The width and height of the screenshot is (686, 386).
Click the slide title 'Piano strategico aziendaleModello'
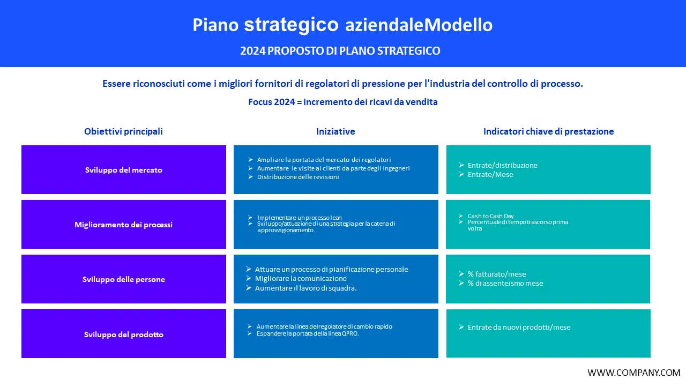(x=342, y=25)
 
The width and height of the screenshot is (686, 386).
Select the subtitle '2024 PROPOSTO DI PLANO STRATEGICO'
(x=340, y=51)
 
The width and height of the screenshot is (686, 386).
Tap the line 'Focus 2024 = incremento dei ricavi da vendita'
(x=342, y=102)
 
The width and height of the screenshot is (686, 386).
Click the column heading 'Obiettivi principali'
(x=123, y=131)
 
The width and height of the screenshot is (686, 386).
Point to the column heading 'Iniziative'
(x=335, y=131)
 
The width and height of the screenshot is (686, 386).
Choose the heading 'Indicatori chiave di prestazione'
(x=548, y=131)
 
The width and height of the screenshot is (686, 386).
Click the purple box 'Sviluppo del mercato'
(x=123, y=170)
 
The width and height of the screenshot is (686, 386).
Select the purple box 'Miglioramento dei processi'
(x=123, y=225)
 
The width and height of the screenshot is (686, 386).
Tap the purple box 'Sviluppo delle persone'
(x=123, y=279)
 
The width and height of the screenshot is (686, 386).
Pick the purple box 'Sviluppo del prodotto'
(x=123, y=335)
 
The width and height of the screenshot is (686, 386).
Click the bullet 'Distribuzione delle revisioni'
(x=298, y=177)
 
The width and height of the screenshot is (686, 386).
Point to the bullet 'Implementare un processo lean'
(x=299, y=218)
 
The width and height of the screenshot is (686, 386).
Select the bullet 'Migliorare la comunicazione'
(x=301, y=279)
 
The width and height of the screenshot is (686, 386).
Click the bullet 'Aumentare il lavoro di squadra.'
(x=305, y=288)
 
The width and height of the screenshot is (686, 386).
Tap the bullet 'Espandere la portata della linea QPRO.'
(x=308, y=333)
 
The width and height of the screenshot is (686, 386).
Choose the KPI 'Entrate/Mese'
(x=490, y=174)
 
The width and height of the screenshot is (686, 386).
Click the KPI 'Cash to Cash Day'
(x=490, y=216)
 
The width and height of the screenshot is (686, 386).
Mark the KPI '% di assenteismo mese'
(x=505, y=283)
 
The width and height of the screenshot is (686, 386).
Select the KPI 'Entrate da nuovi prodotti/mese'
(x=519, y=327)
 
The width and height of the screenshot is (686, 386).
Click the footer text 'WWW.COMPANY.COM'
(x=633, y=373)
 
